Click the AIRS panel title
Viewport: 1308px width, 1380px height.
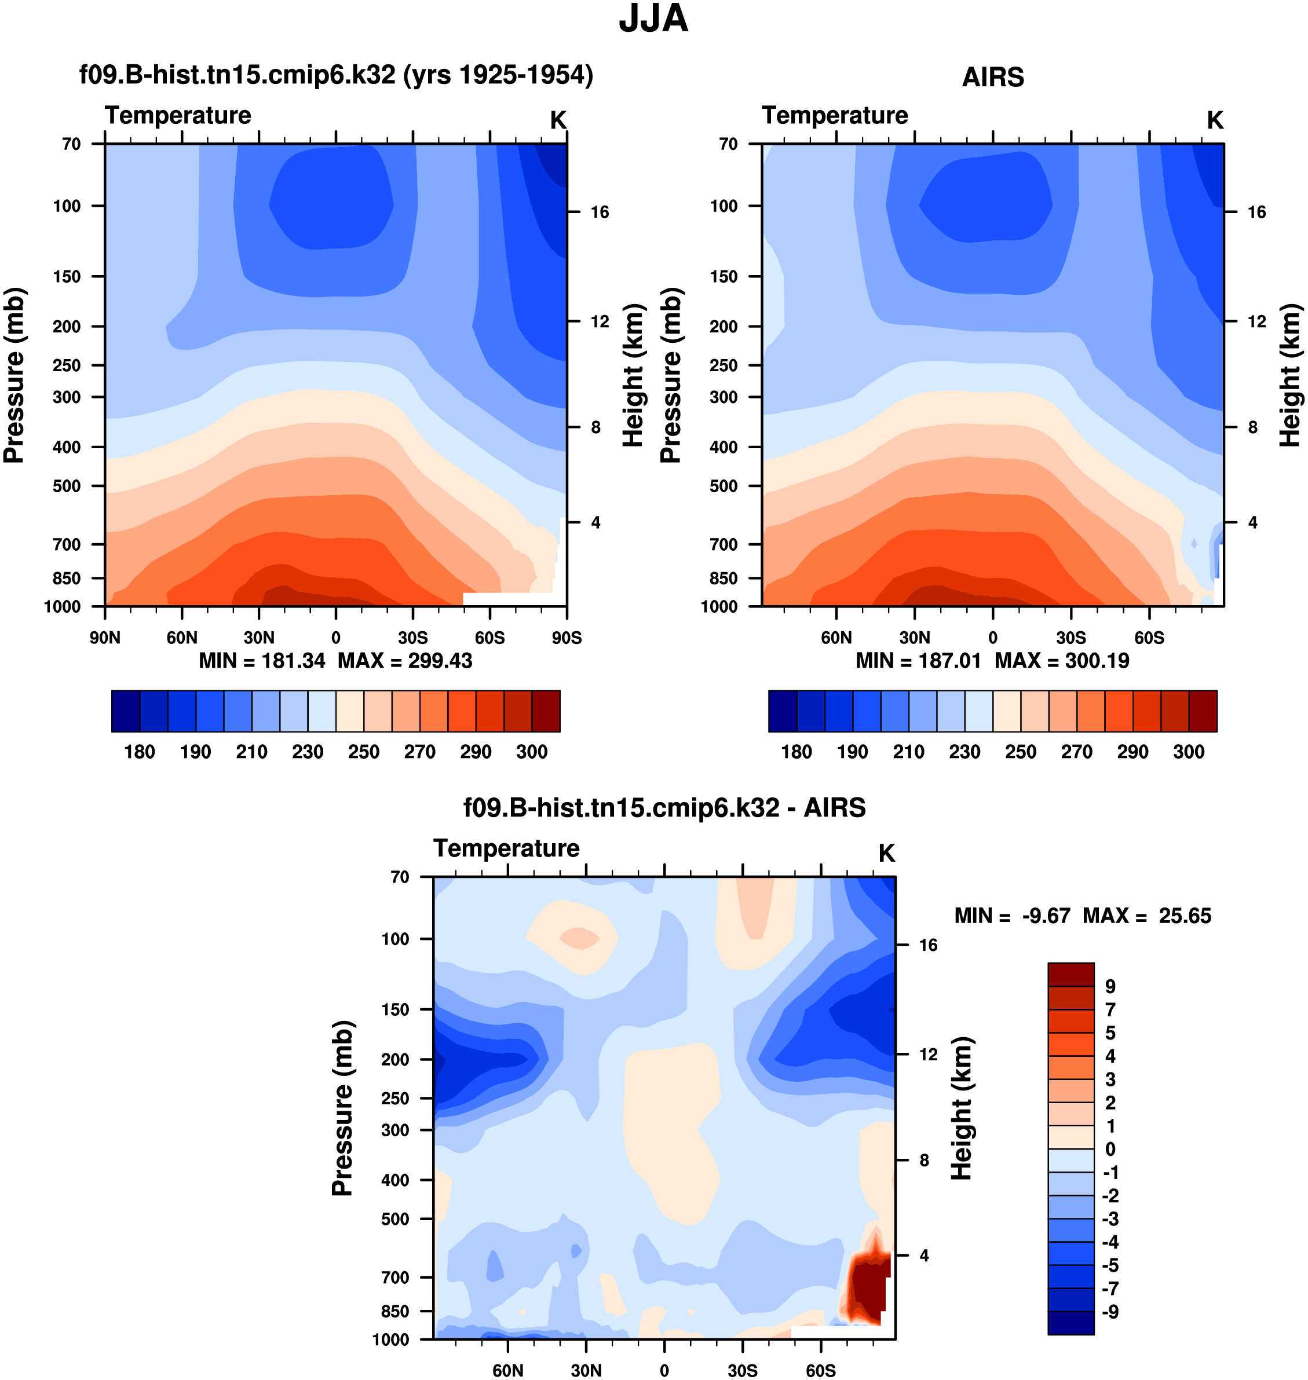[x=992, y=76]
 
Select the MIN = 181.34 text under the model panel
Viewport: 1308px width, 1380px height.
[x=262, y=661]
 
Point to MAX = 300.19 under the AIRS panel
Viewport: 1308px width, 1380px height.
[x=1061, y=661]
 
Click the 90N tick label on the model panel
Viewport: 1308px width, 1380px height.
[x=105, y=638]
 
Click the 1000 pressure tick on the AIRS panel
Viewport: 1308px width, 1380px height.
[x=719, y=606]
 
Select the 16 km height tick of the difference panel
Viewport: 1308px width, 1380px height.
[x=928, y=945]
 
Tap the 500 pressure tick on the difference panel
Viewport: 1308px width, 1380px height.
[x=395, y=1219]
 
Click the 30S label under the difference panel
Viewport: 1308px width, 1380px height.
[x=743, y=1370]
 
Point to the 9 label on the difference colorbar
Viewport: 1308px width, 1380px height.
[x=1110, y=986]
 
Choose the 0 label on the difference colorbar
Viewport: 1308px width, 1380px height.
[x=1110, y=1150]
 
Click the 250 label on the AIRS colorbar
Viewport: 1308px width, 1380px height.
[x=1020, y=751]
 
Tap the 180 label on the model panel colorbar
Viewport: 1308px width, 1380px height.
[x=140, y=751]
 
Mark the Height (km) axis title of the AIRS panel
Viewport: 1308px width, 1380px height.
[x=1290, y=375]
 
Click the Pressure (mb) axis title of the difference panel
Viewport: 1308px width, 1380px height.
[x=342, y=1108]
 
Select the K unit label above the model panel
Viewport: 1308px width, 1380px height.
[x=558, y=120]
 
